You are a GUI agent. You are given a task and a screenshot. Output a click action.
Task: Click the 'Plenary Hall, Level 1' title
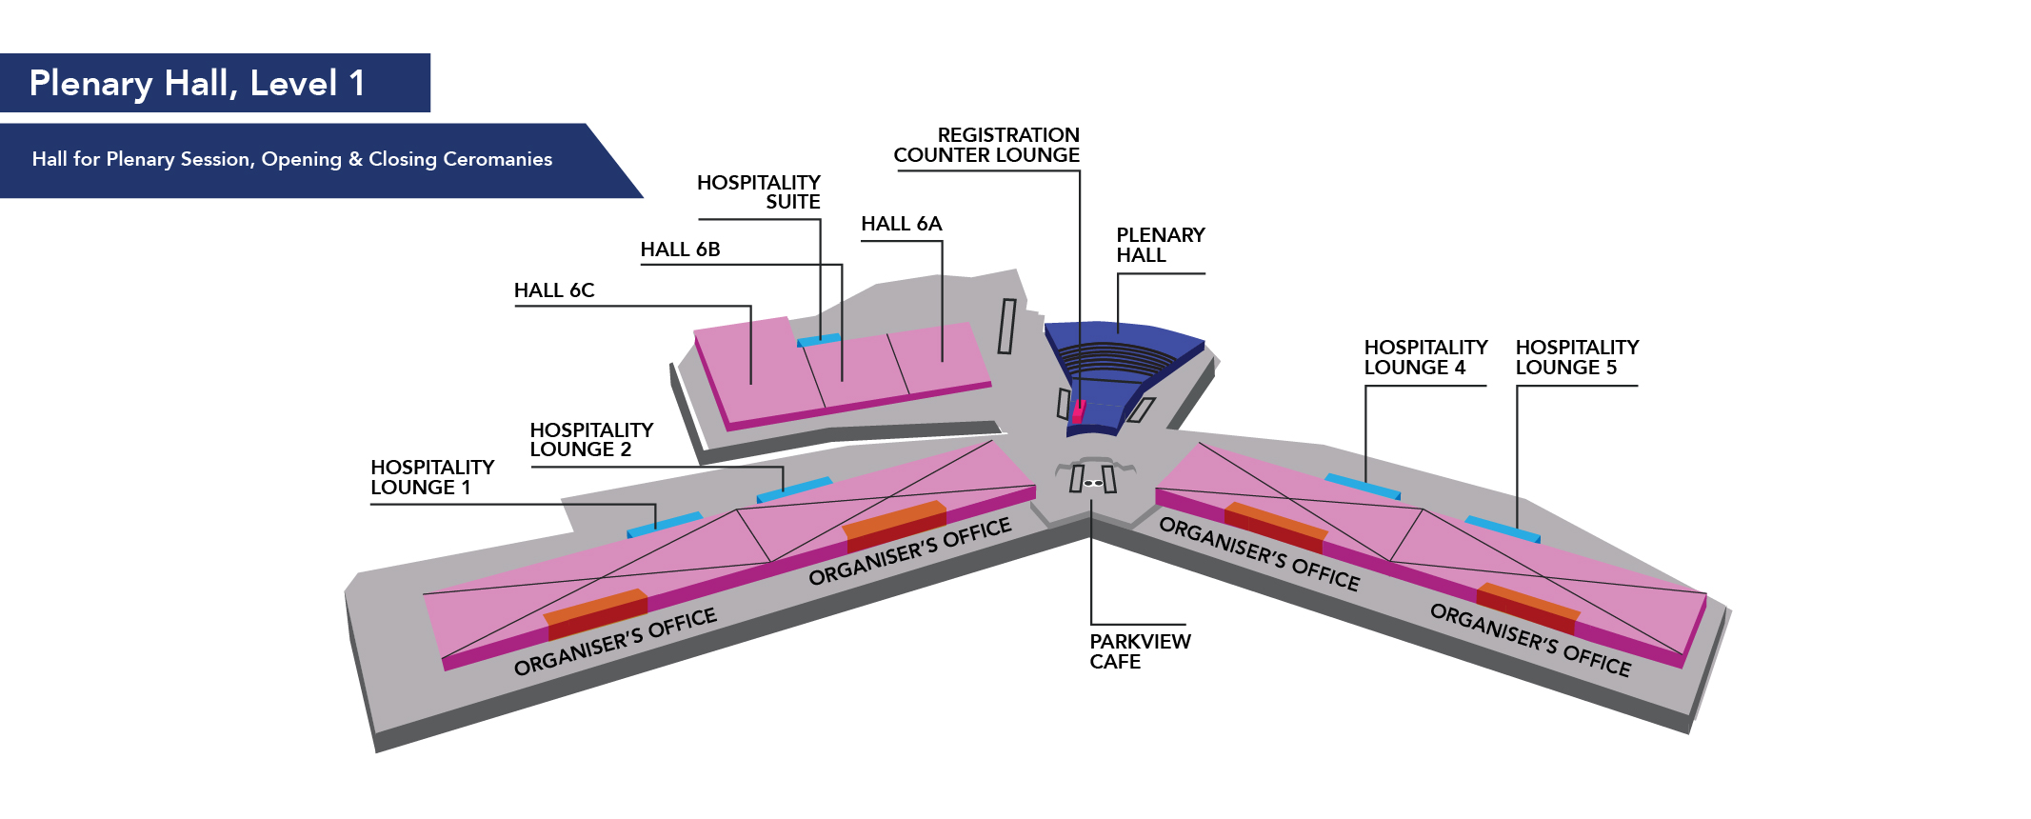(197, 84)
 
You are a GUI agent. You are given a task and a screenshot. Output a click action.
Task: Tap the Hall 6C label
(554, 290)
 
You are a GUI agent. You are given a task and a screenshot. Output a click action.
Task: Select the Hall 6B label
(680, 250)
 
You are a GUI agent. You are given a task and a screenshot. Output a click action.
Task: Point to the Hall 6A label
(901, 224)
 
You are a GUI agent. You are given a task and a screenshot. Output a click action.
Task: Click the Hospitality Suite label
(759, 191)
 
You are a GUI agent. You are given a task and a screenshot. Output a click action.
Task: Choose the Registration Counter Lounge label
(986, 145)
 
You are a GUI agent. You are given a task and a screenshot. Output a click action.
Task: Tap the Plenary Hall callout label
(1160, 245)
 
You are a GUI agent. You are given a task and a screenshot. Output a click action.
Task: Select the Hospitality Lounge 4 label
(1424, 357)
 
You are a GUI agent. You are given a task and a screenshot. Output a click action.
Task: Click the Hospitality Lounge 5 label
(1577, 357)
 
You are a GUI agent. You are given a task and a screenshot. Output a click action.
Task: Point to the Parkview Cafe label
(1140, 651)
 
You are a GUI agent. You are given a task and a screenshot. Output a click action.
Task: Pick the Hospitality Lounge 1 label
(432, 477)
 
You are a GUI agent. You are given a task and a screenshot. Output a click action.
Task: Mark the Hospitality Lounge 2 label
(591, 440)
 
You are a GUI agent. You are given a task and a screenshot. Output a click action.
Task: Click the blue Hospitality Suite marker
(819, 339)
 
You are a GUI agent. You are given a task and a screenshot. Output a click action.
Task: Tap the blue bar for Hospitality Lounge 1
(664, 523)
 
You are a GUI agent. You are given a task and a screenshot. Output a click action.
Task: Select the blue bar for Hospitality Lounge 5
(1502, 529)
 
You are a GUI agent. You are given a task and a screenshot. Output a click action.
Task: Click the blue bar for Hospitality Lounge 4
(1363, 486)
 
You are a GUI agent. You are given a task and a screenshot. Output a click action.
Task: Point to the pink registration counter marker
(1079, 411)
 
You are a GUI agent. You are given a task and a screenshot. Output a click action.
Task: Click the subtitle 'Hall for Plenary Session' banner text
(292, 159)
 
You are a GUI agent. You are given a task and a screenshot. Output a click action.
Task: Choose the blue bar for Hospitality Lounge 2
(793, 489)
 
